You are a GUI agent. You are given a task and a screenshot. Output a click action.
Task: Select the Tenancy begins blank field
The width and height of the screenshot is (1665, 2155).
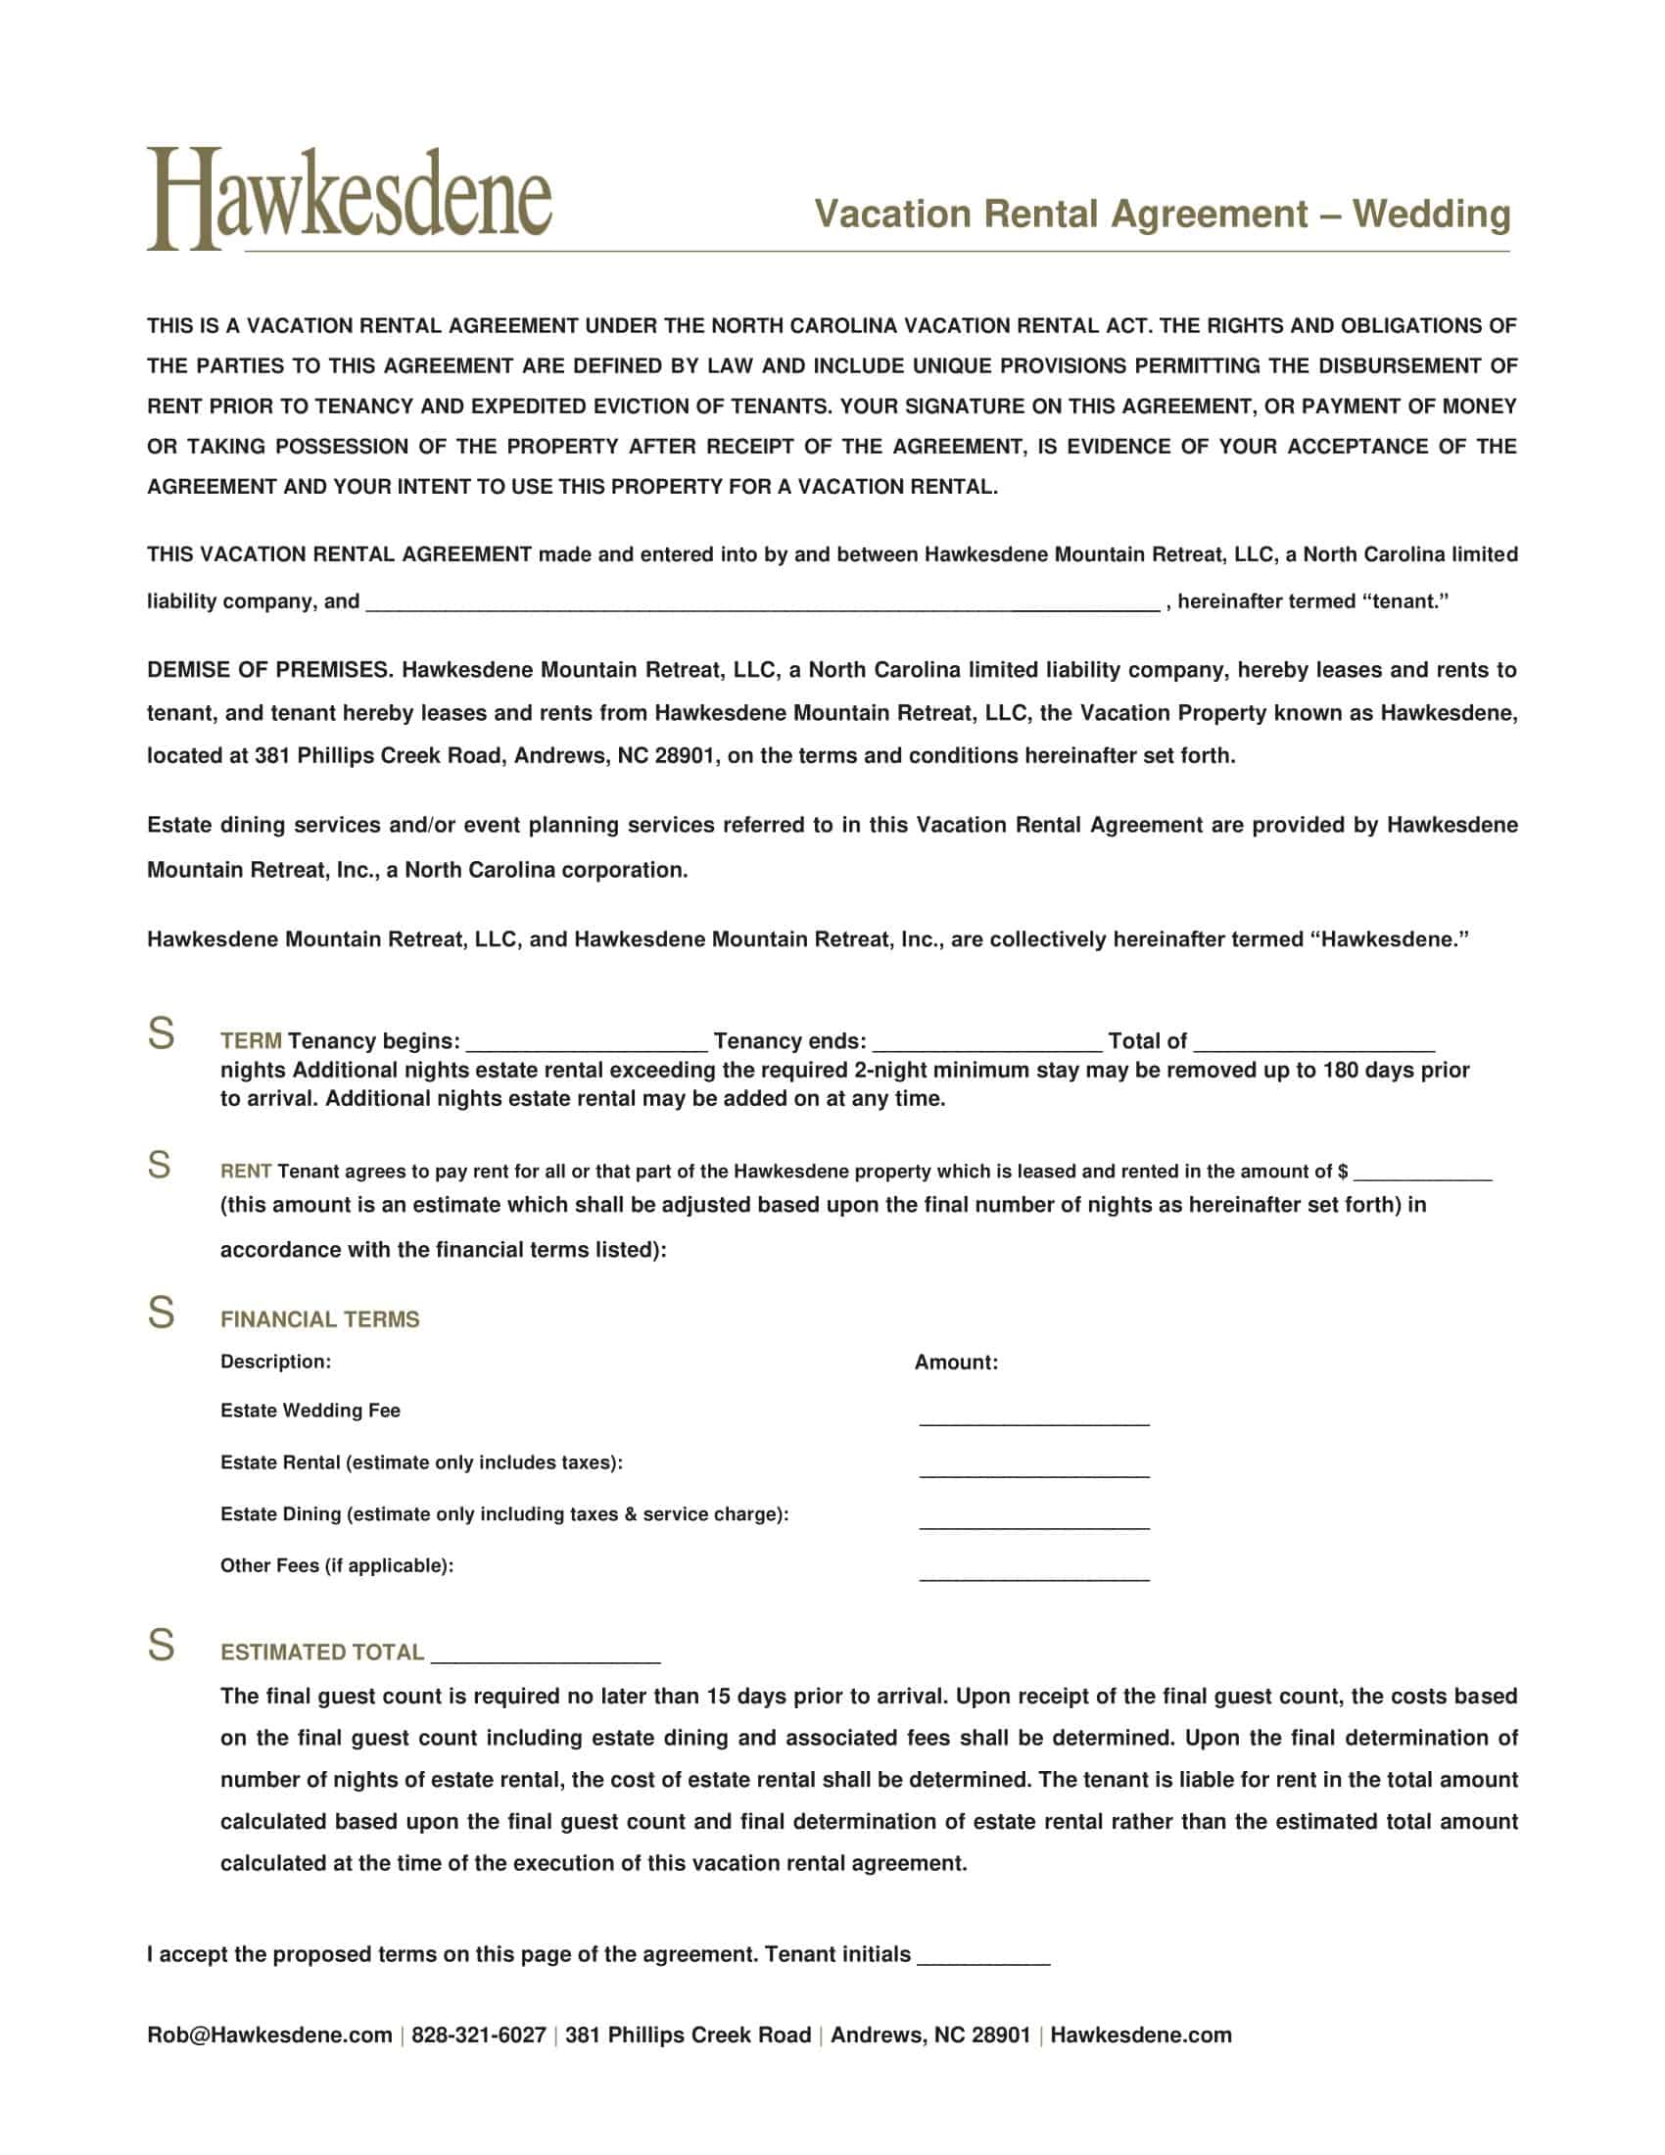[586, 1044]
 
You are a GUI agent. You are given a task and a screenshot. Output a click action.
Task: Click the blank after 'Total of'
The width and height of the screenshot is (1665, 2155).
[1312, 1044]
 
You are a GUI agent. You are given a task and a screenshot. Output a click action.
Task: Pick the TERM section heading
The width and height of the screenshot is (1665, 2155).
[251, 1041]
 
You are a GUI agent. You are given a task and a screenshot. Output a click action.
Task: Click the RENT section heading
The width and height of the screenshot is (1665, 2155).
[246, 1172]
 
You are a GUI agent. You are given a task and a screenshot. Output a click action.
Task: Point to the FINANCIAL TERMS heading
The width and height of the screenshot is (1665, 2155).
[319, 1319]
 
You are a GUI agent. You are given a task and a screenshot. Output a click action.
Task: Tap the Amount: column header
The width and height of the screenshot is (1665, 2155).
[955, 1363]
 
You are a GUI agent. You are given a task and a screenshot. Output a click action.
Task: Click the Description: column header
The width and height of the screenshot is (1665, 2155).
[275, 1362]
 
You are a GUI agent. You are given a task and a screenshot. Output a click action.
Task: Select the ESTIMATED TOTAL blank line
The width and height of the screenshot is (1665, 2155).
[545, 1654]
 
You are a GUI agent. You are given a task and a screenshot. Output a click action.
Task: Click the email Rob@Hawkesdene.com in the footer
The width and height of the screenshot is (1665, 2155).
[269, 2035]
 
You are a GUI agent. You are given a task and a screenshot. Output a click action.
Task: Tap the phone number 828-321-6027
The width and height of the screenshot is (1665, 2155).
[478, 2035]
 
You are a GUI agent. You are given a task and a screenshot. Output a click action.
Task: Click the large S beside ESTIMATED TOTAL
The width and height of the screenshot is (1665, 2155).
[161, 1646]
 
